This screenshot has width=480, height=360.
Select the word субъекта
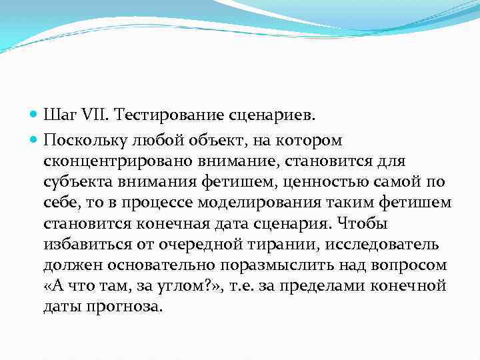coord(73,181)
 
